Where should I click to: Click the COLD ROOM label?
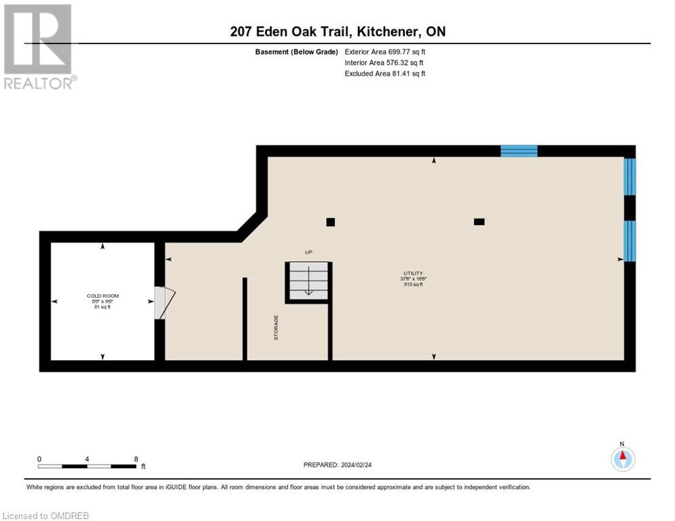tap(103, 296)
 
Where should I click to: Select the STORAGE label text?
tap(276, 327)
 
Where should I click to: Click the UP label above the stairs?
tap(308, 252)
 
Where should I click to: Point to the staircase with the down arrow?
tap(308, 281)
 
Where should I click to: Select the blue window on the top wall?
tap(519, 151)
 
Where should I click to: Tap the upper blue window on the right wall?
tap(630, 176)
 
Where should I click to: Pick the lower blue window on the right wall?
tap(630, 241)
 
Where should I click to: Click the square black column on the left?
tap(331, 222)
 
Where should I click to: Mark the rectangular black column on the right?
tap(479, 221)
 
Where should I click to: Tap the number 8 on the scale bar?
tap(136, 459)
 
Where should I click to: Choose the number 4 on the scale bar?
tap(88, 459)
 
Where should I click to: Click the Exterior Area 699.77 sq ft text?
tap(385, 52)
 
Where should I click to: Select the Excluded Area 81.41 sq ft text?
tap(385, 73)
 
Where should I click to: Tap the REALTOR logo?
tap(38, 46)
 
